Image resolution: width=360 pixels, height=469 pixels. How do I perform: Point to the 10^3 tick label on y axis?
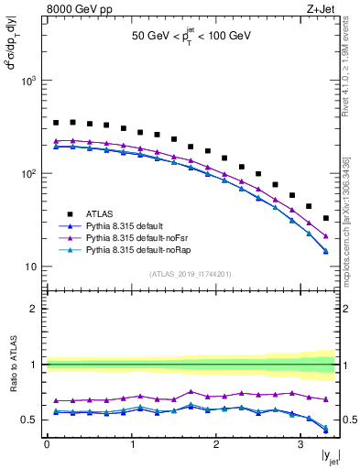(x=29, y=81)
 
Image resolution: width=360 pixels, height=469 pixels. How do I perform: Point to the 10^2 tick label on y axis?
(x=29, y=173)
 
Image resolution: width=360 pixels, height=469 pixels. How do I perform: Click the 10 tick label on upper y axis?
(x=32, y=267)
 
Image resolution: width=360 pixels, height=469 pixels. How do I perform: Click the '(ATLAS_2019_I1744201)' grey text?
(x=191, y=274)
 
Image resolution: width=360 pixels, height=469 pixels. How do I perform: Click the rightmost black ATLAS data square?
(x=326, y=218)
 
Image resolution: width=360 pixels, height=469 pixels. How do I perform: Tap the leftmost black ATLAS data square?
(x=56, y=122)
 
